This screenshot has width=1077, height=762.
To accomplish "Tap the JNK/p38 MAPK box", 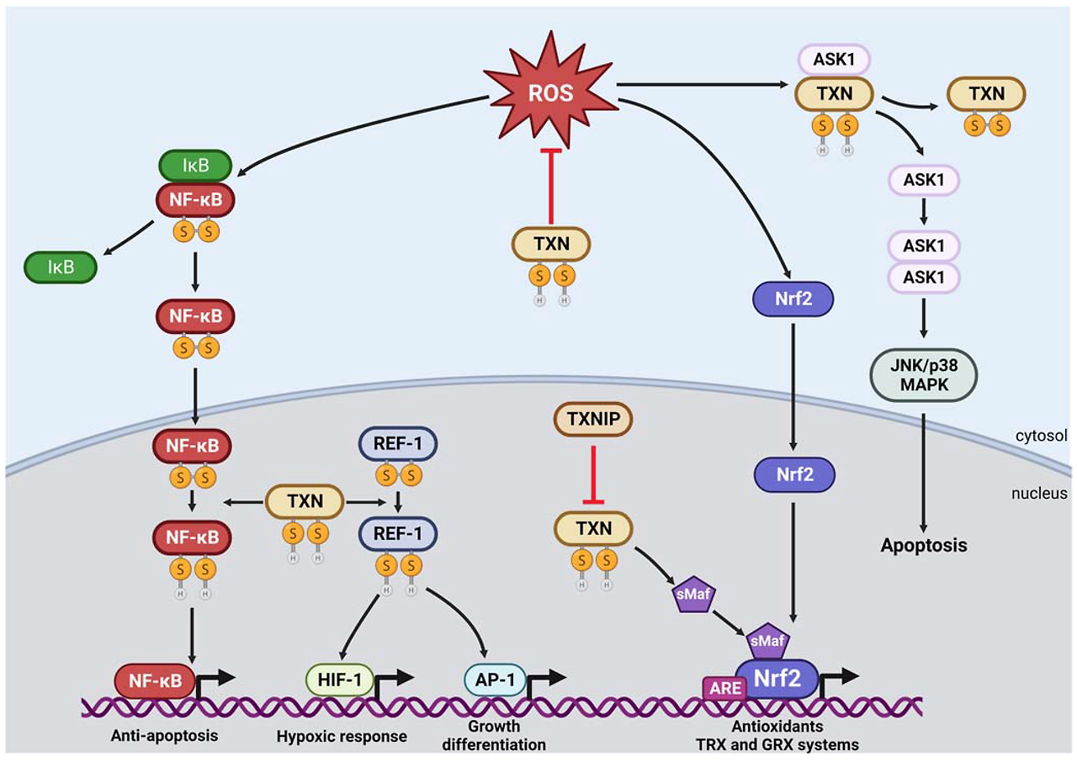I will click(924, 373).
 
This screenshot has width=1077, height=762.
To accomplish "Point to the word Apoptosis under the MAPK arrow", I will click(924, 545).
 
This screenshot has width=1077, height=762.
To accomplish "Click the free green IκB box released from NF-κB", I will click(61, 267).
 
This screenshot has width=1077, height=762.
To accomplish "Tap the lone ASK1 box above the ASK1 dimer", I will click(924, 179).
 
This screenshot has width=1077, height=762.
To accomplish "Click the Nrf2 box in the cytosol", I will click(793, 299).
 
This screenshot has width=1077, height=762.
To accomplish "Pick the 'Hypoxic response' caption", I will click(342, 736).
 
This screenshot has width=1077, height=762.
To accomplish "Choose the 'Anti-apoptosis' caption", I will click(164, 735).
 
